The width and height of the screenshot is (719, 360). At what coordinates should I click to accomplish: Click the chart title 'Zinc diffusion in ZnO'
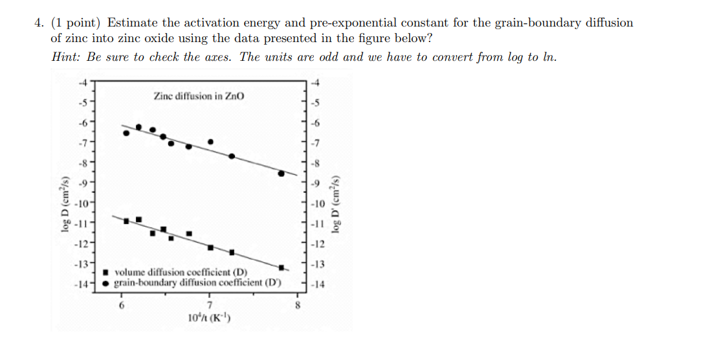click(x=199, y=96)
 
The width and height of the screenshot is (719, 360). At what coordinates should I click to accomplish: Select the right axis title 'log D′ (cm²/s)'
click(x=336, y=203)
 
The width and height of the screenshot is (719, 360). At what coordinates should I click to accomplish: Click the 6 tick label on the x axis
click(x=120, y=305)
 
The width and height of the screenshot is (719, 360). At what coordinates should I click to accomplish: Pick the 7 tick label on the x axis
click(x=210, y=305)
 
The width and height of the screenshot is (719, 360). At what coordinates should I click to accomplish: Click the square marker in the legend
click(x=108, y=273)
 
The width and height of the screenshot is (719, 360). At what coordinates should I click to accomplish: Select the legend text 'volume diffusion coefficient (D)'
click(x=186, y=273)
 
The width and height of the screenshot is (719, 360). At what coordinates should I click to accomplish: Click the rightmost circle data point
click(x=281, y=173)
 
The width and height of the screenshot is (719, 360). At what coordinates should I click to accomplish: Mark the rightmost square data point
click(x=281, y=267)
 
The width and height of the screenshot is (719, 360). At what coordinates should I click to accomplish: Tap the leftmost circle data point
click(x=126, y=133)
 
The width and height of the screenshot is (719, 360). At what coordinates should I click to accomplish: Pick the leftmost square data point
click(x=126, y=221)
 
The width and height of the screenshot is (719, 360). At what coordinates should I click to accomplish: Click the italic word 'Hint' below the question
click(x=65, y=56)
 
